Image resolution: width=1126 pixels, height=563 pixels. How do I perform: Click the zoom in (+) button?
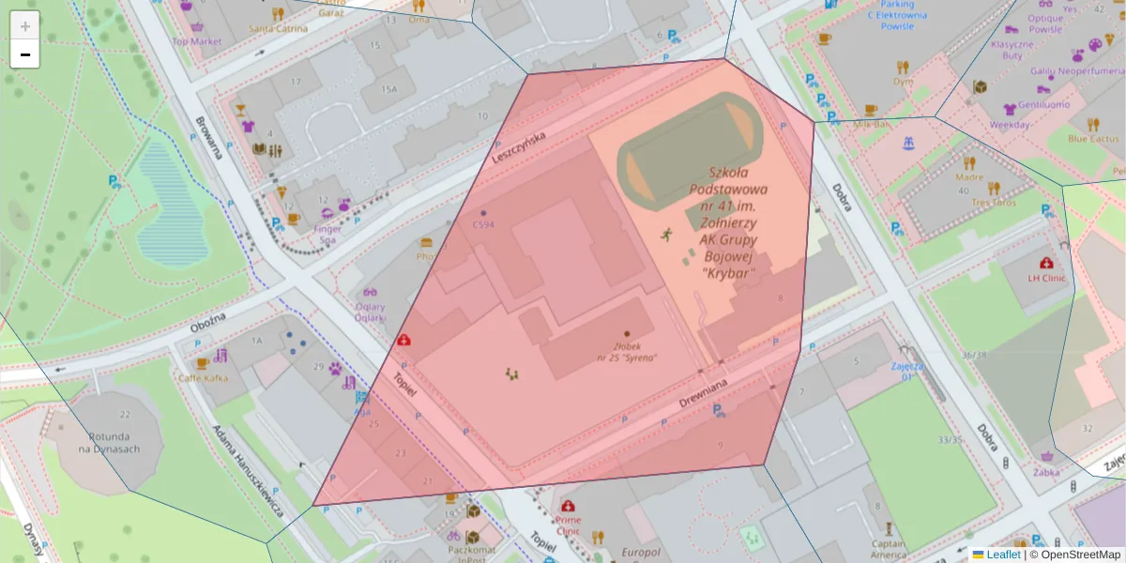coord(25,26)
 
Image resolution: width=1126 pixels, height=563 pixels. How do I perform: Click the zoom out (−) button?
coord(25,54)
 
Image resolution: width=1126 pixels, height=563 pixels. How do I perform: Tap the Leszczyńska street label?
coord(520,147)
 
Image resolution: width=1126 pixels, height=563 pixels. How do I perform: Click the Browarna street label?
coord(208,138)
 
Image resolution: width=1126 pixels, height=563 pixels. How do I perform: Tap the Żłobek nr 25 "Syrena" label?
coord(627,352)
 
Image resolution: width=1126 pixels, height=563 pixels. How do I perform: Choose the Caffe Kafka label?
coord(204,377)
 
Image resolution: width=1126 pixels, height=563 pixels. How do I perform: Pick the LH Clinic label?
coord(1046,278)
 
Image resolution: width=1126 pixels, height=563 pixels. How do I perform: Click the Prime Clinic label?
coord(568,525)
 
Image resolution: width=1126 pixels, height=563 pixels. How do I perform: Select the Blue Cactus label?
coord(1093,139)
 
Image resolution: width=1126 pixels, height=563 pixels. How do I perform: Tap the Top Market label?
coord(197,41)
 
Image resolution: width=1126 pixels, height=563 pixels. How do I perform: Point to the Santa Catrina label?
coord(279,28)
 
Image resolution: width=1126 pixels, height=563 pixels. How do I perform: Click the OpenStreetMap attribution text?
coord(1079,555)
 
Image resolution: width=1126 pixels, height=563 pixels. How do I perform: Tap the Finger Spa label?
coord(328,234)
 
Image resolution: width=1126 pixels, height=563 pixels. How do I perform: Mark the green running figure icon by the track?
coord(667,233)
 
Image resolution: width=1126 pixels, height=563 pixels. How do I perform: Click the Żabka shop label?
coord(1045,472)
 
